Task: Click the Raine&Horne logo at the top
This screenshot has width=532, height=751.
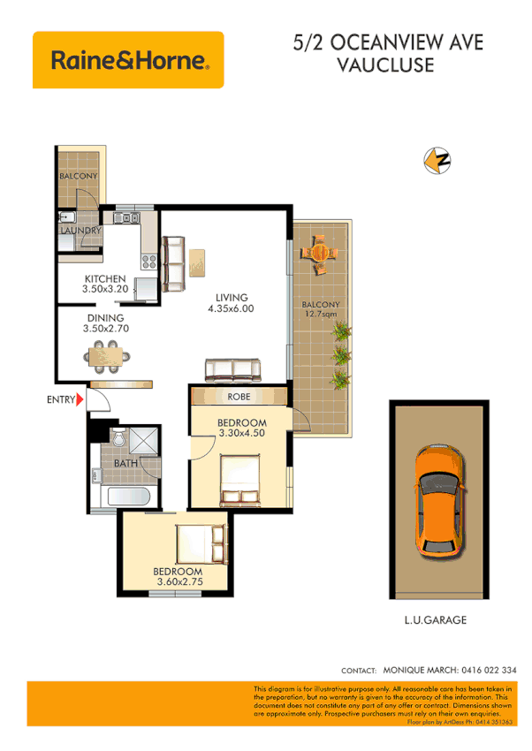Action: point(128,60)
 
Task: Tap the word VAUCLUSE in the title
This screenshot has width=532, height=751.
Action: point(385,64)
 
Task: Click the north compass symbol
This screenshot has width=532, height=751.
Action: point(437,161)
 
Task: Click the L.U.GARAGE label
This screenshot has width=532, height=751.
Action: point(436,620)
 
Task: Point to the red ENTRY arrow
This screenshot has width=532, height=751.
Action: point(80,400)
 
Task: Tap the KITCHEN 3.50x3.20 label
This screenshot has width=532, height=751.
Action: point(105,284)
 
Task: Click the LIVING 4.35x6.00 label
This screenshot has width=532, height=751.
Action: point(230,303)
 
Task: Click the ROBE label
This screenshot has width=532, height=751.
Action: point(239,397)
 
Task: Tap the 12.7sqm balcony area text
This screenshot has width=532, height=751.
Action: point(320,314)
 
